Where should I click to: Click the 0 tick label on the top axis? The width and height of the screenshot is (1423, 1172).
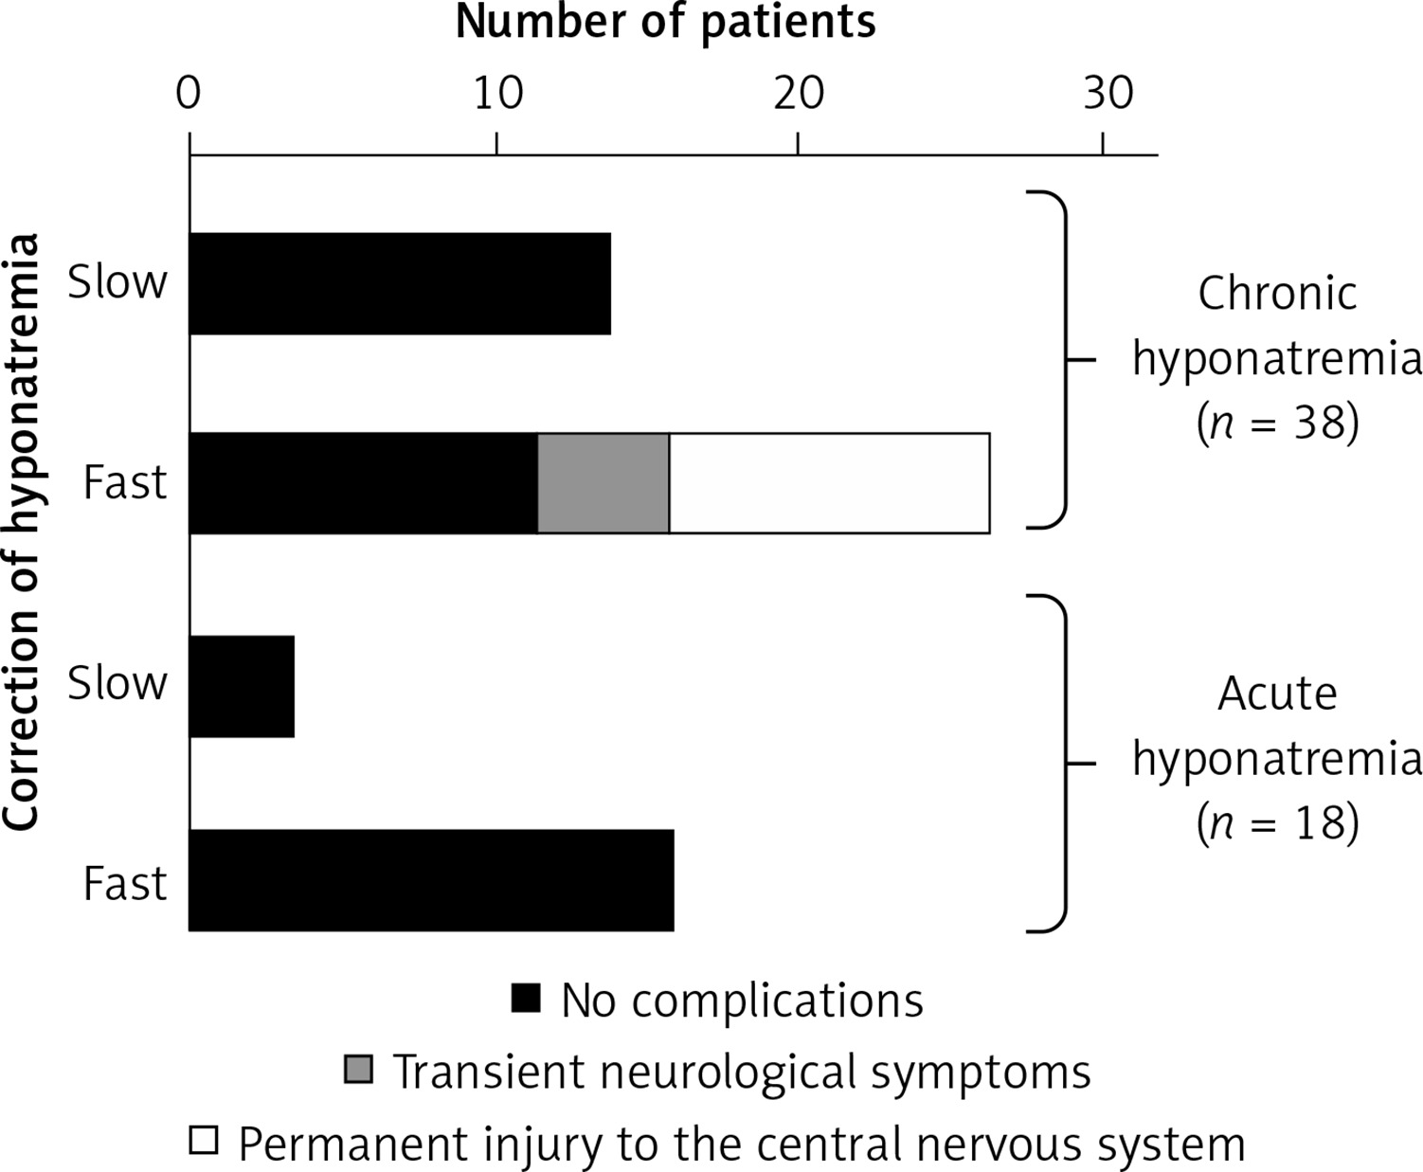coord(189,94)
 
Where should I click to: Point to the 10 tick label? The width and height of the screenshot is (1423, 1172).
coord(498,94)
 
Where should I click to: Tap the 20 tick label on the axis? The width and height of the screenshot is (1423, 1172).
coord(799,94)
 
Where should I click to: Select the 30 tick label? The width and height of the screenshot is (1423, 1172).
coord(1108,94)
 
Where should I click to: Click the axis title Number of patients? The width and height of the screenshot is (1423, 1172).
coord(665,23)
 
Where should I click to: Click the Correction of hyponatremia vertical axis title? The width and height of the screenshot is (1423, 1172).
coord(23,532)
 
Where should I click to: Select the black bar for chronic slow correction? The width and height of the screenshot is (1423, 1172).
coord(400,283)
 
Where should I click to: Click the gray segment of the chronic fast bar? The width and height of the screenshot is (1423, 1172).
coord(603,482)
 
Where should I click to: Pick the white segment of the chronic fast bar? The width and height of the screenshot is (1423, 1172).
coord(829,482)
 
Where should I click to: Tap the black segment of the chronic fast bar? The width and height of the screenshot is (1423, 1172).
coord(363,482)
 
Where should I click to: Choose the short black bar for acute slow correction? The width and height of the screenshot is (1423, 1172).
coord(242,687)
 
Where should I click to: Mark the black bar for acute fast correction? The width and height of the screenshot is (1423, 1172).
coord(431,880)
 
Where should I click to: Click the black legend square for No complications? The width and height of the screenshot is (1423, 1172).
coord(526,999)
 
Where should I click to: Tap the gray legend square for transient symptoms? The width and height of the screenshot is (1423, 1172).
coord(358,1069)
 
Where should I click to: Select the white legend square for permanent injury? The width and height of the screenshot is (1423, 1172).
coord(204,1140)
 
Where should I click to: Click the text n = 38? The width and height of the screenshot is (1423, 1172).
coord(1278,423)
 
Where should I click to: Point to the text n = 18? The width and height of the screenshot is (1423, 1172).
coord(1278,823)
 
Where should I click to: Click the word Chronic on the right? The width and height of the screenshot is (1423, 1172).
coord(1278,293)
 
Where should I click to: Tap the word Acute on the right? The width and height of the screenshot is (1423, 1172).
coord(1278,694)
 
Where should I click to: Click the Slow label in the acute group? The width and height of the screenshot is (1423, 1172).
coord(117,683)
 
